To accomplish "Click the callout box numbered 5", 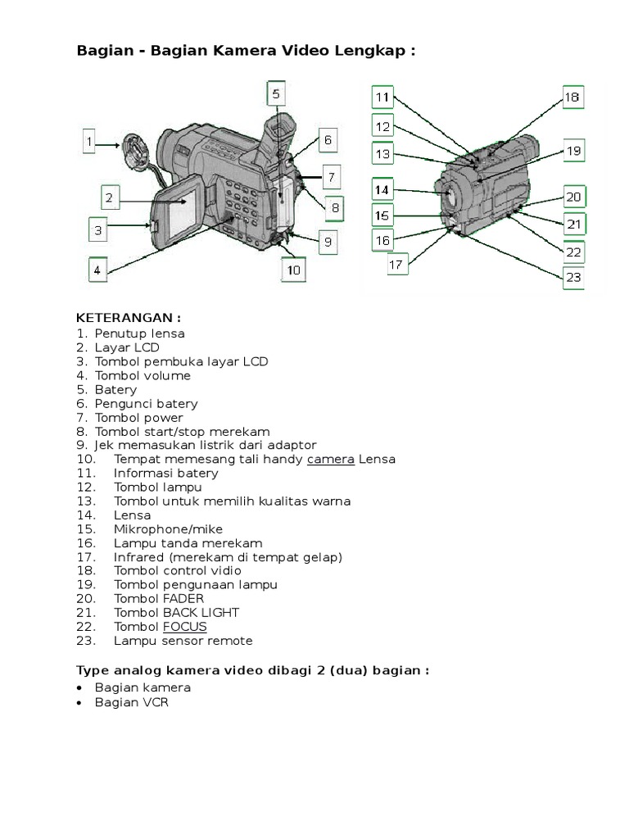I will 276,94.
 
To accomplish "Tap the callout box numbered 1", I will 91,143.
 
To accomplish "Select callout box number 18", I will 572,98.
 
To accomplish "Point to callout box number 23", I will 573,277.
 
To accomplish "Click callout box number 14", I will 382,190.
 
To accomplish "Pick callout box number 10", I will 293,269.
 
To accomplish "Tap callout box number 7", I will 331,176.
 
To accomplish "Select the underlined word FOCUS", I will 184,627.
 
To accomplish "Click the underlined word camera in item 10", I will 331,459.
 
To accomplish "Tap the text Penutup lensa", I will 139,333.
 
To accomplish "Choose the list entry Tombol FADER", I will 159,599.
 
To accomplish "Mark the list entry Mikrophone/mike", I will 168,529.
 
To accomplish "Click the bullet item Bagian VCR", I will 131,703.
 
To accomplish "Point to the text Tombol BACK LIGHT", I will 177,613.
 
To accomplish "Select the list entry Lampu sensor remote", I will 183,641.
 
